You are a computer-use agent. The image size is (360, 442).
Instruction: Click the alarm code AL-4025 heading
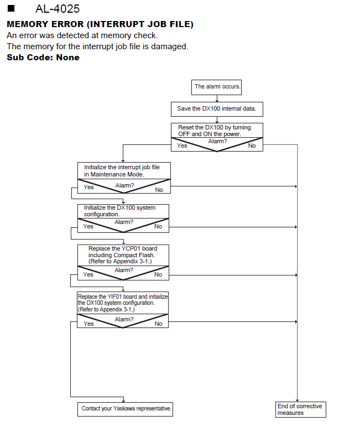pos(58,9)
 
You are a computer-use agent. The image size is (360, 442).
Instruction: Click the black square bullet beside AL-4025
pos(11,8)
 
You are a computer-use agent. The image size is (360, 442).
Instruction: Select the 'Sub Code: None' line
pos(43,58)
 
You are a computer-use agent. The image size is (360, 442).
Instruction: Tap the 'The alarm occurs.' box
pos(216,87)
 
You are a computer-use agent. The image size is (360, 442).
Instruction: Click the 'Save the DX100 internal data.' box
pos(217,109)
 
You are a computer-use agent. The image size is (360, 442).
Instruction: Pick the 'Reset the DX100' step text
pos(215,131)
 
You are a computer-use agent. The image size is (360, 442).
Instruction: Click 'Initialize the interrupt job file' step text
pos(122,171)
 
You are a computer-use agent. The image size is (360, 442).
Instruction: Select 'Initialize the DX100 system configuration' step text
pos(119,211)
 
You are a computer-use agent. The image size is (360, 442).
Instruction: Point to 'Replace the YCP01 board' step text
pos(123,255)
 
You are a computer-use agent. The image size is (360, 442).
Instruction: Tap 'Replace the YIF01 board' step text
pos(123,303)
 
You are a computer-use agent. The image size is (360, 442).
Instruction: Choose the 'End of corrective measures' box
pos(301,409)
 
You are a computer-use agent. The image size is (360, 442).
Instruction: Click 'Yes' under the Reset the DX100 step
pos(182,145)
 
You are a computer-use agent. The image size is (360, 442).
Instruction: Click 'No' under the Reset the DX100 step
pos(252,145)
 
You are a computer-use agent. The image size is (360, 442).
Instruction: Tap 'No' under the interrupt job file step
pos(159,190)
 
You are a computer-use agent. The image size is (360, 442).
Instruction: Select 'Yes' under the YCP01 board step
pos(88,274)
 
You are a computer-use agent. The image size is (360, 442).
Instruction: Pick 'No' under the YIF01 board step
pos(158,324)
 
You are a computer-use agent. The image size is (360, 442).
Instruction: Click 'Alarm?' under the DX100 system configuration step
pos(124,222)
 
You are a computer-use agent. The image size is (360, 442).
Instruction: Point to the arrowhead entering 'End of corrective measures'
pos(298,400)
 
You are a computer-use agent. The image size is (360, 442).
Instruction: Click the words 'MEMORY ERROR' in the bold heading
pos(45,24)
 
